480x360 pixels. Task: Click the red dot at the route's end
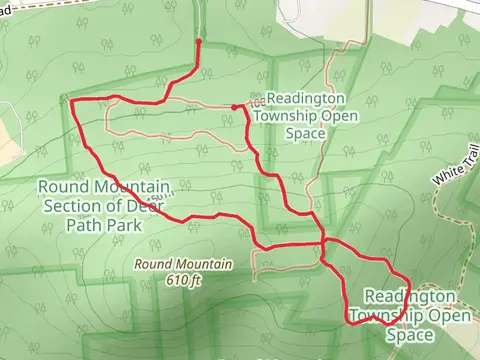click(234, 107)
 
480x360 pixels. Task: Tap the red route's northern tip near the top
click(199, 43)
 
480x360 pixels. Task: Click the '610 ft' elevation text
click(183, 279)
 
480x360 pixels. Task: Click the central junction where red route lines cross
click(322, 244)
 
